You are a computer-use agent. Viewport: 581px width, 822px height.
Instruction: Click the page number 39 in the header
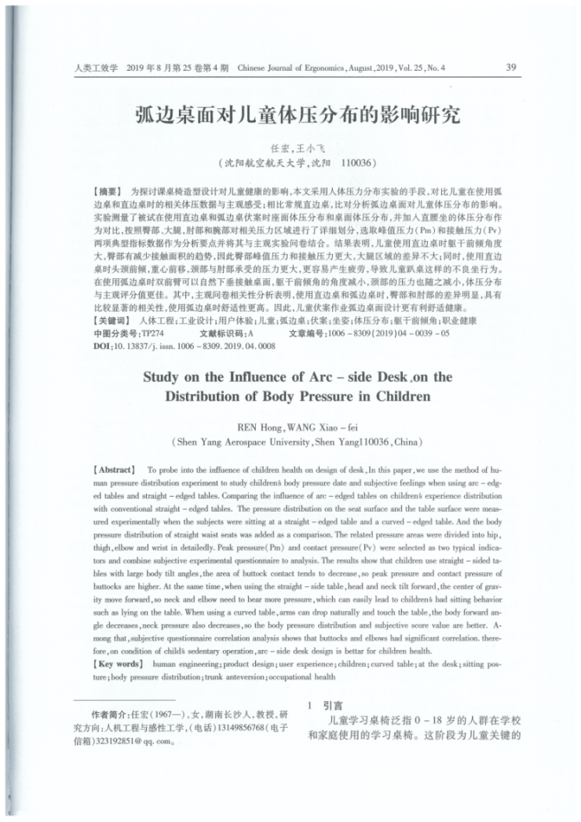click(510, 68)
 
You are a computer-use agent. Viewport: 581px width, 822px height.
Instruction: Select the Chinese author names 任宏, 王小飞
click(290, 149)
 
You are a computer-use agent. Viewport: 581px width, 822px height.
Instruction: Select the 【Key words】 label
click(119, 663)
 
